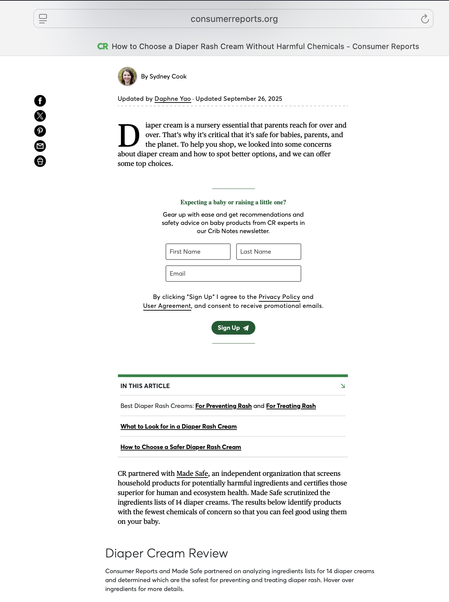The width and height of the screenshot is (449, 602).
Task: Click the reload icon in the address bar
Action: tap(425, 19)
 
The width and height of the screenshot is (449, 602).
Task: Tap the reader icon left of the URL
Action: tap(43, 19)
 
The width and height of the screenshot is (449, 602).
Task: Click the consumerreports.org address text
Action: tap(234, 19)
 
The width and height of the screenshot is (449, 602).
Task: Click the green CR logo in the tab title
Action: tap(102, 47)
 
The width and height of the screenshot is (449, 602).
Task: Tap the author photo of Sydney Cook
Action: tap(128, 76)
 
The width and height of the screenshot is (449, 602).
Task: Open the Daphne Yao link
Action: tap(172, 99)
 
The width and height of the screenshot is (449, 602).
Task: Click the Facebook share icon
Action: tap(40, 101)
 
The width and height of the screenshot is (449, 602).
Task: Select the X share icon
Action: tap(40, 116)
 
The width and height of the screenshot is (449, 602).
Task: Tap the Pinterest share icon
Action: tap(40, 131)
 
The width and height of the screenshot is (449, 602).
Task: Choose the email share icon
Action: tap(40, 146)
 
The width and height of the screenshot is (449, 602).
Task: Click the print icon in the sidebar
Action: tap(40, 161)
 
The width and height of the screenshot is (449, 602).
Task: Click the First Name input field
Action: tap(198, 252)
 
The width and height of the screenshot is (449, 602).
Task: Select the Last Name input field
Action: tap(268, 252)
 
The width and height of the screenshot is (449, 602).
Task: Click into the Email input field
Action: tap(233, 274)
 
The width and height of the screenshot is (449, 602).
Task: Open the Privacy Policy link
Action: tap(279, 297)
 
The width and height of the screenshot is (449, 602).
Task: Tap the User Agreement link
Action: tap(167, 306)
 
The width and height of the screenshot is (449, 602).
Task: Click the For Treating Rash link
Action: tap(291, 406)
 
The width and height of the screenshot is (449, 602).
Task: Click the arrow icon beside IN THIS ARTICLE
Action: tap(343, 386)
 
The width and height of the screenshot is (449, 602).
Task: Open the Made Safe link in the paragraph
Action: tap(192, 473)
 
